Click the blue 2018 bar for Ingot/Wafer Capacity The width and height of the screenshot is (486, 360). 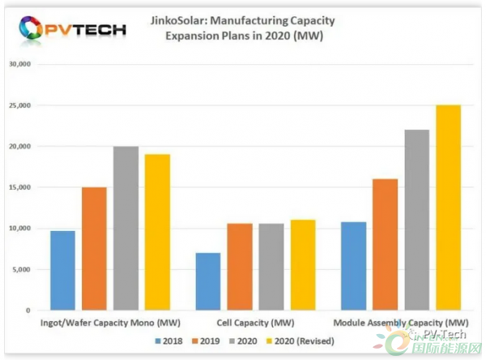pyautogui.click(x=62, y=270)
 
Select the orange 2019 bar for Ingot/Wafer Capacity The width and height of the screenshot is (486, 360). pyautogui.click(x=94, y=249)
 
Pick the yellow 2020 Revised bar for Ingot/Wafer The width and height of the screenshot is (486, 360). pyautogui.click(x=157, y=232)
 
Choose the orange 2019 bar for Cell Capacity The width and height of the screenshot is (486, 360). pyautogui.click(x=240, y=267)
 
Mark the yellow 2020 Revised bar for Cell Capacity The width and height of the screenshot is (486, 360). pyautogui.click(x=303, y=265)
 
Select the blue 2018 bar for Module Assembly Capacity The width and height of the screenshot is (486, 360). pyautogui.click(x=353, y=266)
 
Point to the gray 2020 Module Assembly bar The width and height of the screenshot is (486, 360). pyautogui.click(x=416, y=220)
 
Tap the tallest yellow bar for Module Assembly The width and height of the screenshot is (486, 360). pyautogui.click(x=448, y=208)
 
